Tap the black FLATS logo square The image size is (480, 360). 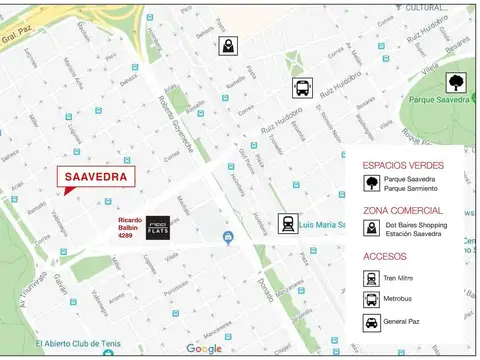point(158,227)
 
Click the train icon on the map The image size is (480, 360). point(288,223)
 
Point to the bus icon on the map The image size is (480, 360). point(301,87)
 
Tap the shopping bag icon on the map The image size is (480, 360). point(229,46)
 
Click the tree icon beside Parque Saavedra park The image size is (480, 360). point(456,82)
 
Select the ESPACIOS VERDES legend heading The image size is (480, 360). point(403,164)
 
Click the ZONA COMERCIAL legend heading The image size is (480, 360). point(403,211)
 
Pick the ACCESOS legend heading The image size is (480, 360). point(386,257)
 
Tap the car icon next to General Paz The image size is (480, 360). point(371,323)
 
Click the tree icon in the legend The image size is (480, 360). point(371,183)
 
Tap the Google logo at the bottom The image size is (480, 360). point(204,349)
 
